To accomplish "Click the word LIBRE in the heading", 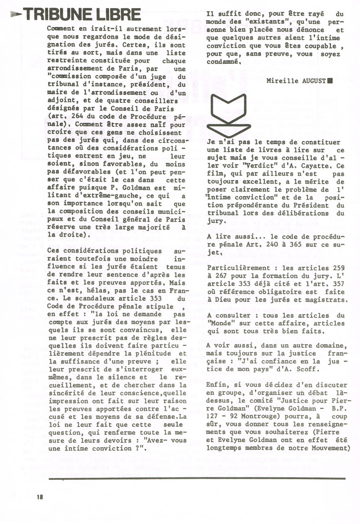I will pyautogui.click(x=119, y=14).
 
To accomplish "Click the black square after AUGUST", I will pyautogui.click(x=330, y=81).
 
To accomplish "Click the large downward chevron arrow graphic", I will pyautogui.click(x=228, y=114).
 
